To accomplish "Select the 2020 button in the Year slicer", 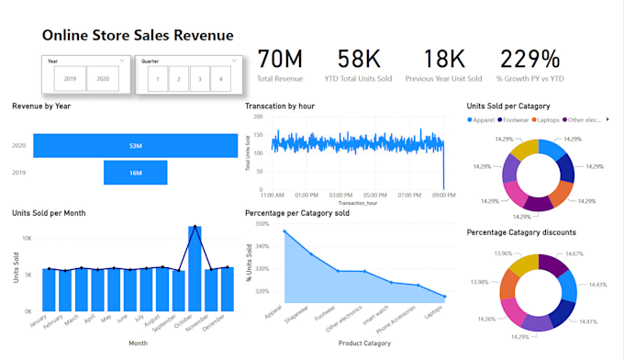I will pyautogui.click(x=103, y=79).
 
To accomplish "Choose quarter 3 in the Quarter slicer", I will pyautogui.click(x=199, y=79).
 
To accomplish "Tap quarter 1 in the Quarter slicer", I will pyautogui.click(x=159, y=79).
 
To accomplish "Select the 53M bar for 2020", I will pyautogui.click(x=135, y=145).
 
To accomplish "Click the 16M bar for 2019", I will pyautogui.click(x=135, y=172).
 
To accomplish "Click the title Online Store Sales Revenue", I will pyautogui.click(x=137, y=35).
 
